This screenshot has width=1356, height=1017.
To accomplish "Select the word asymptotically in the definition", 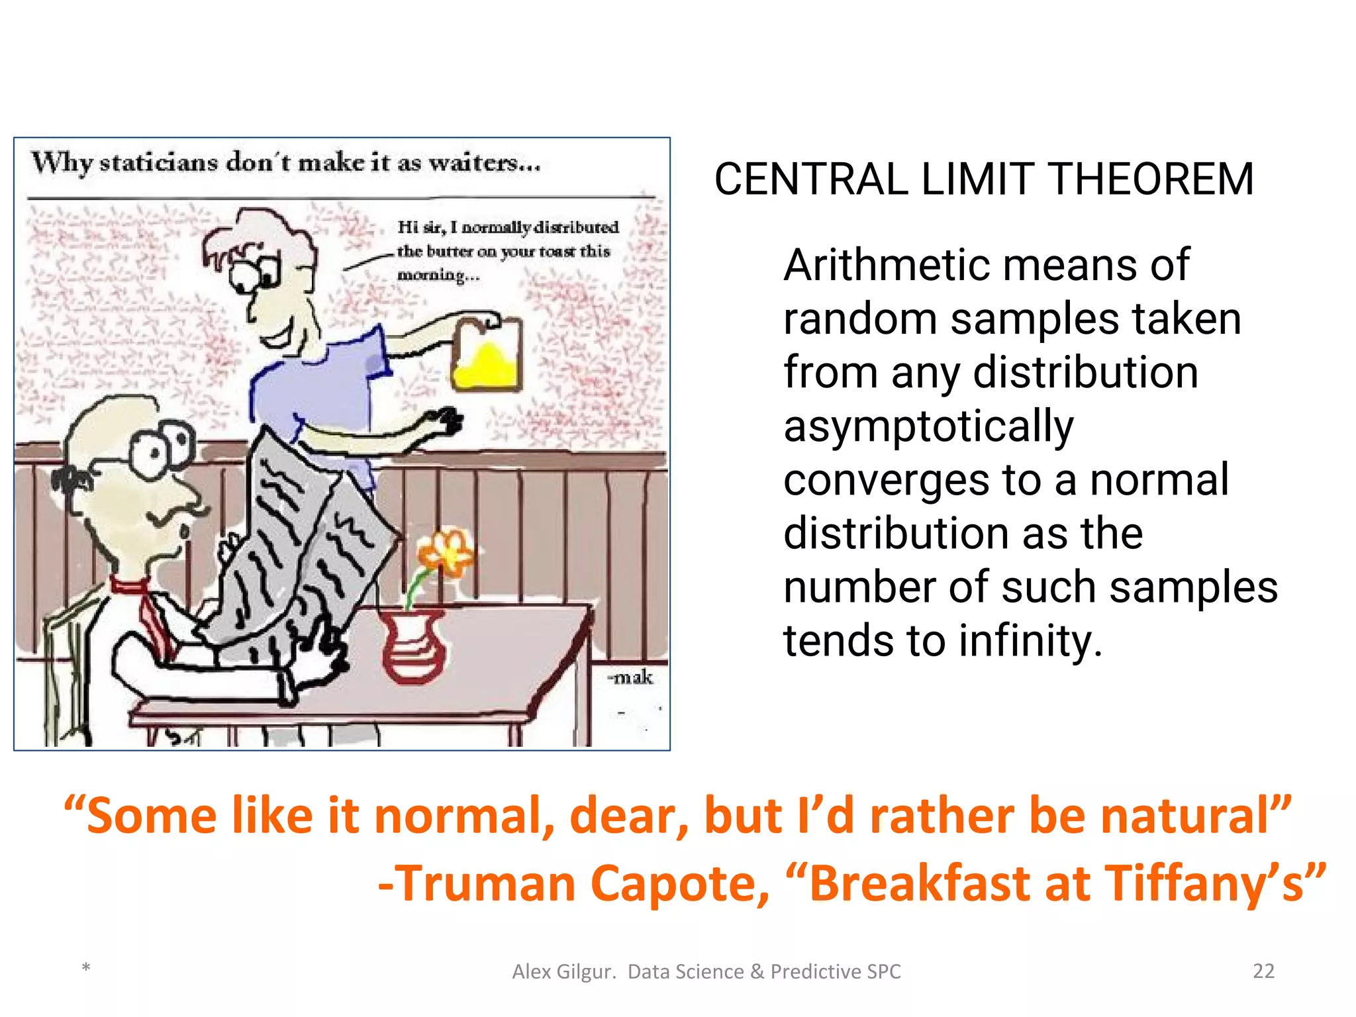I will click(928, 427).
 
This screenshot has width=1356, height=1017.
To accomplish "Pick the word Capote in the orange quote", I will click(679, 884).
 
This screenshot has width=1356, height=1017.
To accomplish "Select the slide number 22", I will click(1263, 971).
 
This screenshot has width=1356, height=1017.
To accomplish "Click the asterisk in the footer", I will click(86, 969).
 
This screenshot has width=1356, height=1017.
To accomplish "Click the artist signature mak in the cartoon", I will click(631, 677).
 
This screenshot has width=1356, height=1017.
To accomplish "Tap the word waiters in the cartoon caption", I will click(483, 163).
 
